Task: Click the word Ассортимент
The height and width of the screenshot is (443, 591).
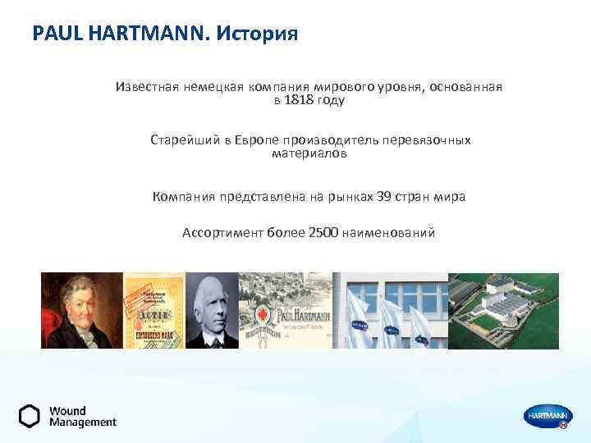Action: click(222, 233)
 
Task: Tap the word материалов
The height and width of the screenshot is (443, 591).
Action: click(309, 153)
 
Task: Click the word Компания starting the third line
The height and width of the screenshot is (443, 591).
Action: click(185, 197)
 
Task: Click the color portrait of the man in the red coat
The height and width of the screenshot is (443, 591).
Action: click(81, 310)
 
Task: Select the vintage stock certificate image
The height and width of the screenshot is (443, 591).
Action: click(153, 310)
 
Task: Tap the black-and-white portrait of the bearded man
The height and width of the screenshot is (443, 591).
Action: click(211, 310)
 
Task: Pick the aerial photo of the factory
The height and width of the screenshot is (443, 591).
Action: click(503, 310)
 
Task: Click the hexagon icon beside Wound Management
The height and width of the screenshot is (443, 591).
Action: click(30, 416)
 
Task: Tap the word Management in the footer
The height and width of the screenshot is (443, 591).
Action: click(82, 422)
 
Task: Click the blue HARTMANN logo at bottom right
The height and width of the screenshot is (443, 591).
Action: click(546, 417)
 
